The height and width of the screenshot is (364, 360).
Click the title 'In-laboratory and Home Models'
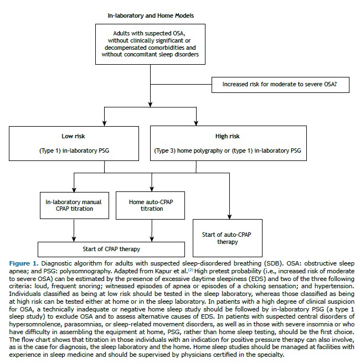[151, 15]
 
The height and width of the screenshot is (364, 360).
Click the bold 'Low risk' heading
[73, 136]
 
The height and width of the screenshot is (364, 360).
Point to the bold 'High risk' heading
[227, 136]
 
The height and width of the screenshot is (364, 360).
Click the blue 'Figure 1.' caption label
[24, 263]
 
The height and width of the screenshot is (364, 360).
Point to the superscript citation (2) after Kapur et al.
[191, 270]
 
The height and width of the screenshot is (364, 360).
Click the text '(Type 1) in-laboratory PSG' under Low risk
[74, 150]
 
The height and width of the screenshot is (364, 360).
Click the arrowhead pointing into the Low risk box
[104, 123]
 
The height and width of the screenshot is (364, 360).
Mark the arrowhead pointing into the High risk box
[196, 123]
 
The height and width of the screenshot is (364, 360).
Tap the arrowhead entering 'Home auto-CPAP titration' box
[152, 189]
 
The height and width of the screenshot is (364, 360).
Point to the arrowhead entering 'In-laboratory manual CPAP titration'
[74, 189]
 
